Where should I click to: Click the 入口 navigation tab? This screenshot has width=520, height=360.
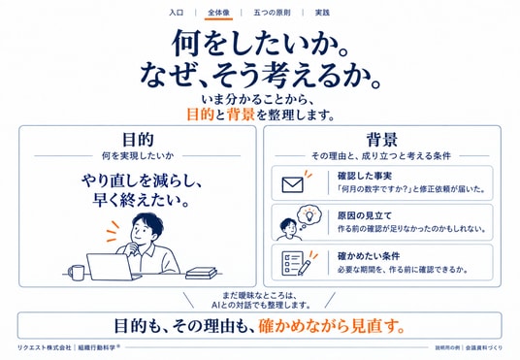point(177,13)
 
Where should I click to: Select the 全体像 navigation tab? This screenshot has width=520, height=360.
point(218,13)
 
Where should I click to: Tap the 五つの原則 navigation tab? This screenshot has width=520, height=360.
point(272,13)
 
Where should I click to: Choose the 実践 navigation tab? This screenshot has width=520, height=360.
point(322,13)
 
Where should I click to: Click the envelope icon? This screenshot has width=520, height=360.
point(293,184)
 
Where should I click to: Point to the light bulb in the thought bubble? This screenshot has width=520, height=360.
point(309,215)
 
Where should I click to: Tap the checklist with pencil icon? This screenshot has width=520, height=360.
point(296,263)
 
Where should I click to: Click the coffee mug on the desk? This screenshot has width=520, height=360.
point(77,273)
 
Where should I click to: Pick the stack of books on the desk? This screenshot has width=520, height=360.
point(201,273)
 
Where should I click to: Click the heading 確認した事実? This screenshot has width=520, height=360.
point(365,176)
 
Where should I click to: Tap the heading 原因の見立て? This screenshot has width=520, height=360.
point(365,216)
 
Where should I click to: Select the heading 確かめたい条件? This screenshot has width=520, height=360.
point(369,256)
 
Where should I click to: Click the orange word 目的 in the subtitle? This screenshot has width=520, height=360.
point(200,115)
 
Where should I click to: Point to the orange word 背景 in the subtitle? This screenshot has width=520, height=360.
point(242,115)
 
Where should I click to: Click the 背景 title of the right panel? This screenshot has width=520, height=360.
point(381,140)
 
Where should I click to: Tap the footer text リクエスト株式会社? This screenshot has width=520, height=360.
point(44,347)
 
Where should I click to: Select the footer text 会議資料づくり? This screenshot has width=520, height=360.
point(484,348)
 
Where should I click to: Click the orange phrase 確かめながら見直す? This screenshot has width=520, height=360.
point(332,326)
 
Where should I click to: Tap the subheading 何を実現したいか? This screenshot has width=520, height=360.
point(138,155)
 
